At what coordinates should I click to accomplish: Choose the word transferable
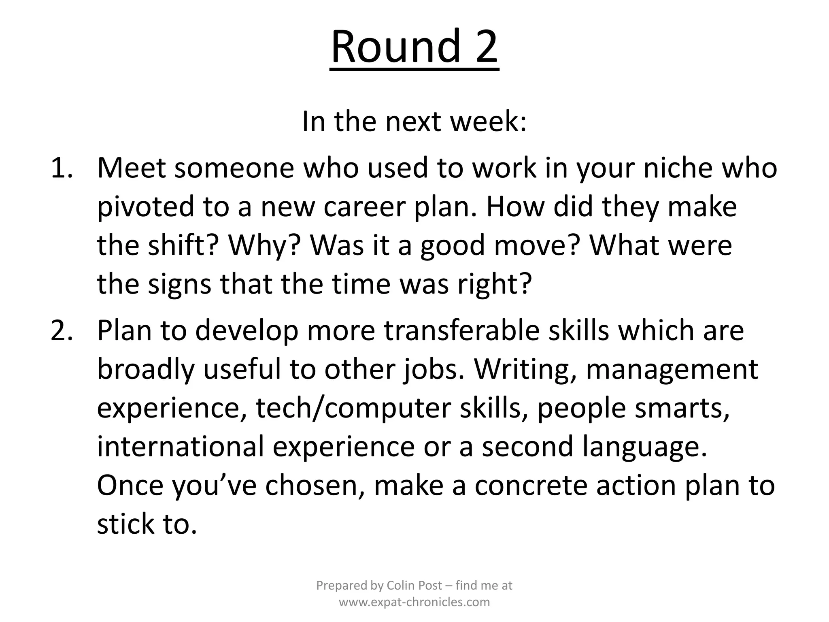[x=461, y=330]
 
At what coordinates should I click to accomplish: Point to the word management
[x=672, y=369]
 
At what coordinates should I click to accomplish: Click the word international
[x=181, y=447]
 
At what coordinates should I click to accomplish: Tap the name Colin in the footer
[x=400, y=586]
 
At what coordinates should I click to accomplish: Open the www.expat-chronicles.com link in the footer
[x=414, y=602]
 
